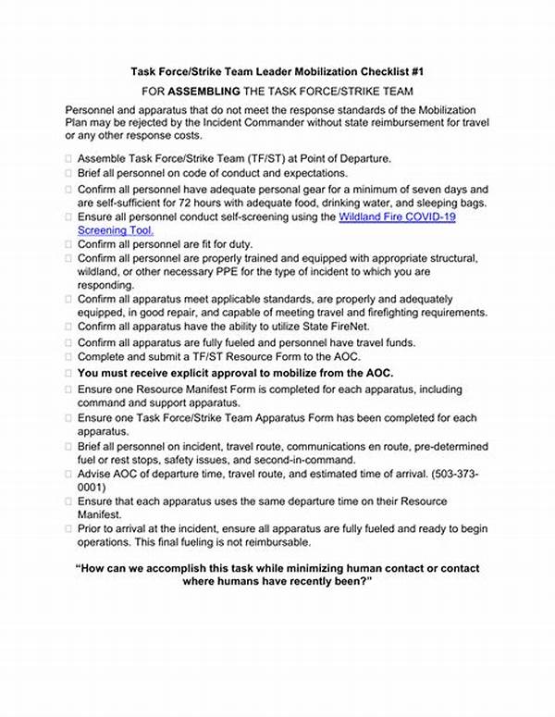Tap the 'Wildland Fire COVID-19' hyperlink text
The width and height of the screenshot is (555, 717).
coord(398,216)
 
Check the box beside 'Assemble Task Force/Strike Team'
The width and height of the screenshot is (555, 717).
coord(68,158)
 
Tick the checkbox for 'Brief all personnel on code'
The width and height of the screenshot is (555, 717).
coord(68,173)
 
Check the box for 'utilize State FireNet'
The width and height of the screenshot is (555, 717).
coord(68,327)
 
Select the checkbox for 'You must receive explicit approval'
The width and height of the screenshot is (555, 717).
coord(68,372)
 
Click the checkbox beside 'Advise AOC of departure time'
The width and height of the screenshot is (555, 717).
coord(68,474)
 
